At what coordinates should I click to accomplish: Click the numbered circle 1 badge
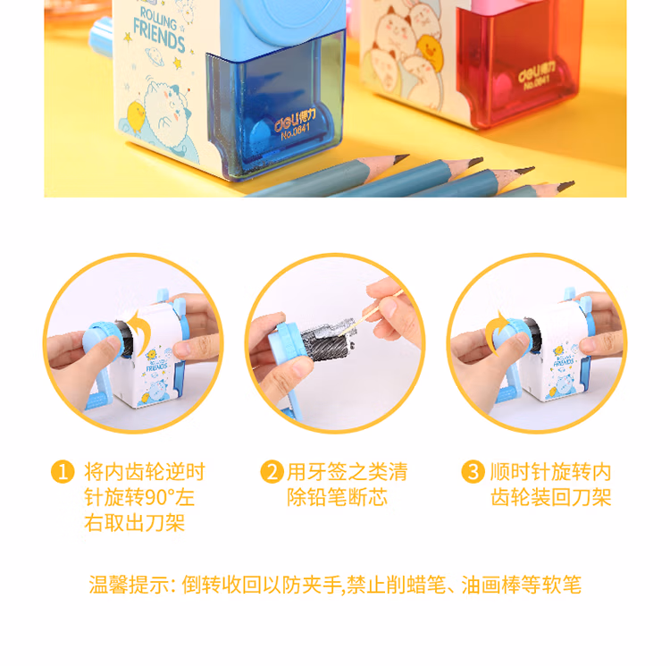(x=63, y=471)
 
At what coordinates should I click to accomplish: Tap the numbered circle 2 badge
(x=272, y=471)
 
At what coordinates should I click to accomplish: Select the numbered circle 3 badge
(x=473, y=471)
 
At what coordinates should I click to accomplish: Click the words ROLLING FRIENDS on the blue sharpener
(x=158, y=30)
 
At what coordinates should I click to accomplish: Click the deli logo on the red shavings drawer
(x=537, y=72)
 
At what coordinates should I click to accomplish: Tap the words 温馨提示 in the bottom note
(x=129, y=585)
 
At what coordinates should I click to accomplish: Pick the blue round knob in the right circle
(x=511, y=339)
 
